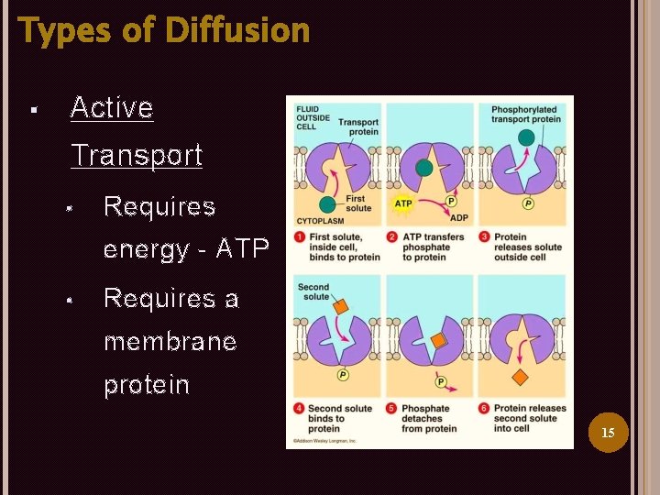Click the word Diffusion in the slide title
tap(238, 30)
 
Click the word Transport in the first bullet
tap(137, 155)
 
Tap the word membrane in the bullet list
tap(170, 342)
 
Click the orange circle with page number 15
tap(608, 432)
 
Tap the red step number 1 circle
tap(300, 237)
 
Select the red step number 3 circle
tap(485, 237)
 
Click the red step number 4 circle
tap(300, 409)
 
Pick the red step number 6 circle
tap(485, 409)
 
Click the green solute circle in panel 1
tap(327, 204)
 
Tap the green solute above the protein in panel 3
tap(526, 138)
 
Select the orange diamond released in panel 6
tap(521, 378)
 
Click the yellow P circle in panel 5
tap(440, 381)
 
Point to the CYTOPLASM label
tap(318, 221)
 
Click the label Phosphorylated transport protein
tap(525, 115)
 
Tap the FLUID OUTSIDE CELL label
tap(308, 118)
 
